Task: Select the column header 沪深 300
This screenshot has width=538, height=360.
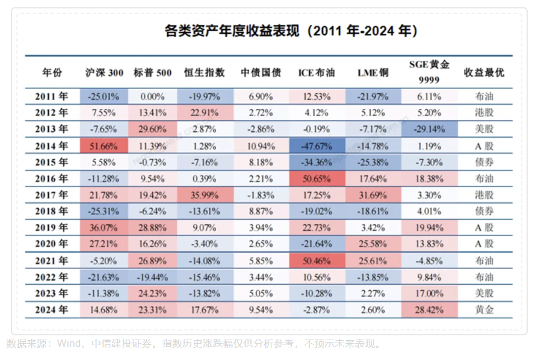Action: point(104,73)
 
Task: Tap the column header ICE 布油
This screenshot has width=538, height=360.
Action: point(317,73)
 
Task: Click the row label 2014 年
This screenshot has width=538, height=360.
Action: point(52,146)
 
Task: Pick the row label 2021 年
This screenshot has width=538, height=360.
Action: point(52,261)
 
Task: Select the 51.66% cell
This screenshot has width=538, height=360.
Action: point(104,146)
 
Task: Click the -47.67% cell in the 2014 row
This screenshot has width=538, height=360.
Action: point(317,146)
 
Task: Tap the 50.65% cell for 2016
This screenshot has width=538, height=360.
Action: point(317,178)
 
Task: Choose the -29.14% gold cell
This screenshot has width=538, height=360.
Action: point(428,129)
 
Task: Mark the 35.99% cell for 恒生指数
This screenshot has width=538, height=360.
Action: point(205,195)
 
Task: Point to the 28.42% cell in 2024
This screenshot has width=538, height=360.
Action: point(428,310)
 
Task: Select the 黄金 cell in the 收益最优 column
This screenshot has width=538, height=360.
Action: point(484,310)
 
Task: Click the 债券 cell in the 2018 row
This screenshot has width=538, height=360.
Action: point(484,211)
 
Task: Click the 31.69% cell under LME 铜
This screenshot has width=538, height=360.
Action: point(373,195)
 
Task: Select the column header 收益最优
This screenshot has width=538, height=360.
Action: point(484,73)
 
